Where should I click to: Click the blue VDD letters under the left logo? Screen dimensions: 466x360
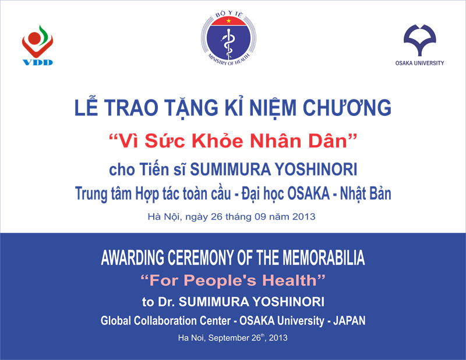pyautogui.click(x=38, y=62)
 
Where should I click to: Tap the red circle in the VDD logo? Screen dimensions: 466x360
pyautogui.click(x=34, y=38)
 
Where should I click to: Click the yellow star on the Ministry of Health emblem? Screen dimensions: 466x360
pyautogui.click(x=228, y=20)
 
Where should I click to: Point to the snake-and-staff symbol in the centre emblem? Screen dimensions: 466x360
pyautogui.click(x=228, y=43)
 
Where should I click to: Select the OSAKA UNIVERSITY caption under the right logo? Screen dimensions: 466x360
pyautogui.click(x=419, y=63)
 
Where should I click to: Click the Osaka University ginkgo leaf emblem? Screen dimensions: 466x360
pyautogui.click(x=419, y=40)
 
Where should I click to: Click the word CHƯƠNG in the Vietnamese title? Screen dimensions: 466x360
pyautogui.click(x=347, y=107)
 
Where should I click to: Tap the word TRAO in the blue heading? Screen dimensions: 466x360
pyautogui.click(x=130, y=108)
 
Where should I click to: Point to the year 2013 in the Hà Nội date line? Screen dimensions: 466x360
pyautogui.click(x=303, y=217)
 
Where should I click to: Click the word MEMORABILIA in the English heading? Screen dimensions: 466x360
pyautogui.click(x=323, y=257)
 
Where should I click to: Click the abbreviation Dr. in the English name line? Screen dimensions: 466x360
pyautogui.click(x=166, y=302)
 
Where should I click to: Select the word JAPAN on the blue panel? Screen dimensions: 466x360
pyautogui.click(x=349, y=321)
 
